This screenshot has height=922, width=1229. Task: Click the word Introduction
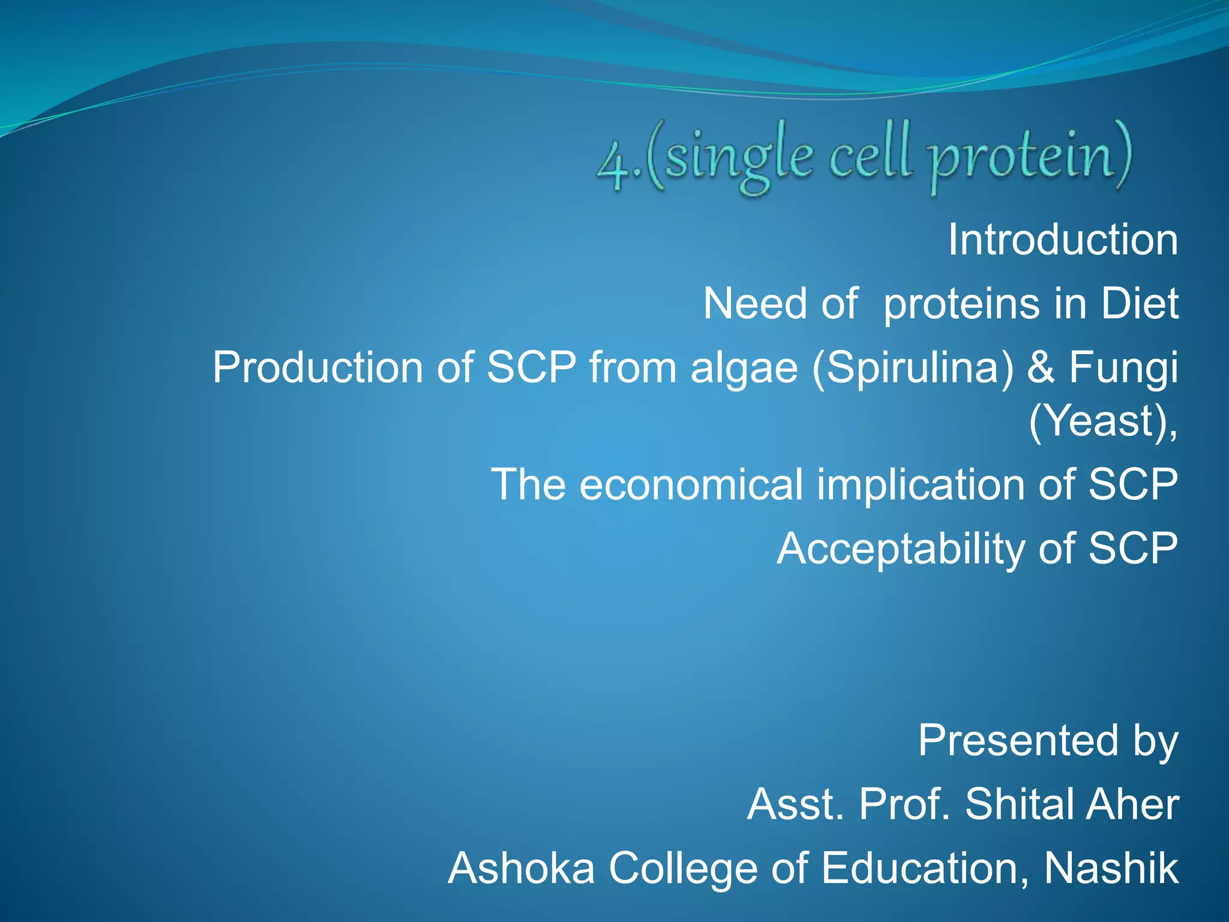coord(1063,240)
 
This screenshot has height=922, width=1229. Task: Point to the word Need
coord(755,304)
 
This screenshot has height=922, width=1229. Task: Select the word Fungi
coord(1123,369)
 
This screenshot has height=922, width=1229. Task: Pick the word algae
coord(744,369)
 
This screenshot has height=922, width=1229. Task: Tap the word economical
coord(691,485)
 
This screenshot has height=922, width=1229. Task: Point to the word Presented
coord(1018,741)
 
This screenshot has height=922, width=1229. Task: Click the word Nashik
coord(1111,868)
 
